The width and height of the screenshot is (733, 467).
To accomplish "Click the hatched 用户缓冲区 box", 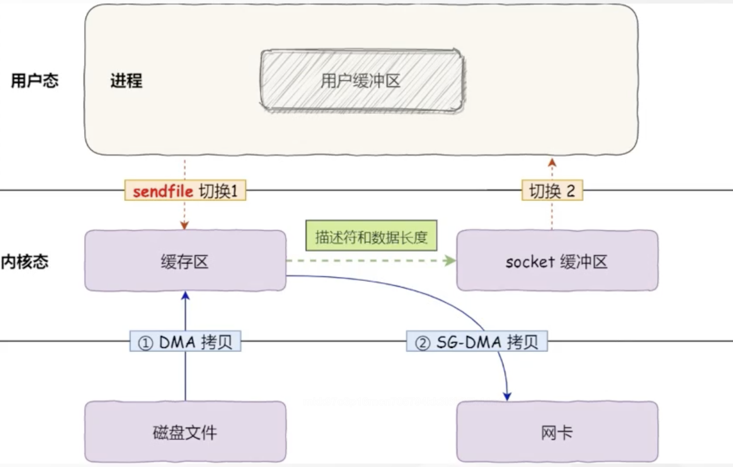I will click(362, 81).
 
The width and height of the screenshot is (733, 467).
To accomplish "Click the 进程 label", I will click(126, 81).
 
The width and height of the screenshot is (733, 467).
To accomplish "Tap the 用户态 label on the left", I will click(34, 81).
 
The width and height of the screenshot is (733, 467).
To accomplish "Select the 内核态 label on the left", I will click(24, 262).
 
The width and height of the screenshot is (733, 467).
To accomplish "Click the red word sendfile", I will click(163, 191).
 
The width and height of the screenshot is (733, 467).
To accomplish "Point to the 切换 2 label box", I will click(552, 191).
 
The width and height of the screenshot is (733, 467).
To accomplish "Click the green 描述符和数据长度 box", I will click(371, 236).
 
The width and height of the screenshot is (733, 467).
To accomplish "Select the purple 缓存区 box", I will click(185, 261).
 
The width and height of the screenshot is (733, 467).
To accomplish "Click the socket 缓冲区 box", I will click(557, 261).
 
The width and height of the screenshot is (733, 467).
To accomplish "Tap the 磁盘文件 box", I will click(185, 432).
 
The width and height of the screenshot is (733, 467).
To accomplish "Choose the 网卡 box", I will click(557, 432).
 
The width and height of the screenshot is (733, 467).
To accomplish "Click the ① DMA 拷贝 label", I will click(185, 342).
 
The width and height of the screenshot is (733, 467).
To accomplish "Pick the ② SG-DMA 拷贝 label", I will click(477, 342).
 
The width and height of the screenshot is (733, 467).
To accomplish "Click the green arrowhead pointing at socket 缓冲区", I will click(450, 261).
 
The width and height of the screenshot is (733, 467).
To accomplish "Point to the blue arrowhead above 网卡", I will click(507, 396).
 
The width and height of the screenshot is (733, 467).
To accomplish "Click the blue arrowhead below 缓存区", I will click(186, 296).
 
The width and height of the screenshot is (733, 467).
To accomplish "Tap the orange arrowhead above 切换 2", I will click(552, 163).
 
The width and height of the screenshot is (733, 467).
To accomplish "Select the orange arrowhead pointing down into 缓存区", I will click(184, 225).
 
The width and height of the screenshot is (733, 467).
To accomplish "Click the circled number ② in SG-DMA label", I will click(423, 343).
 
